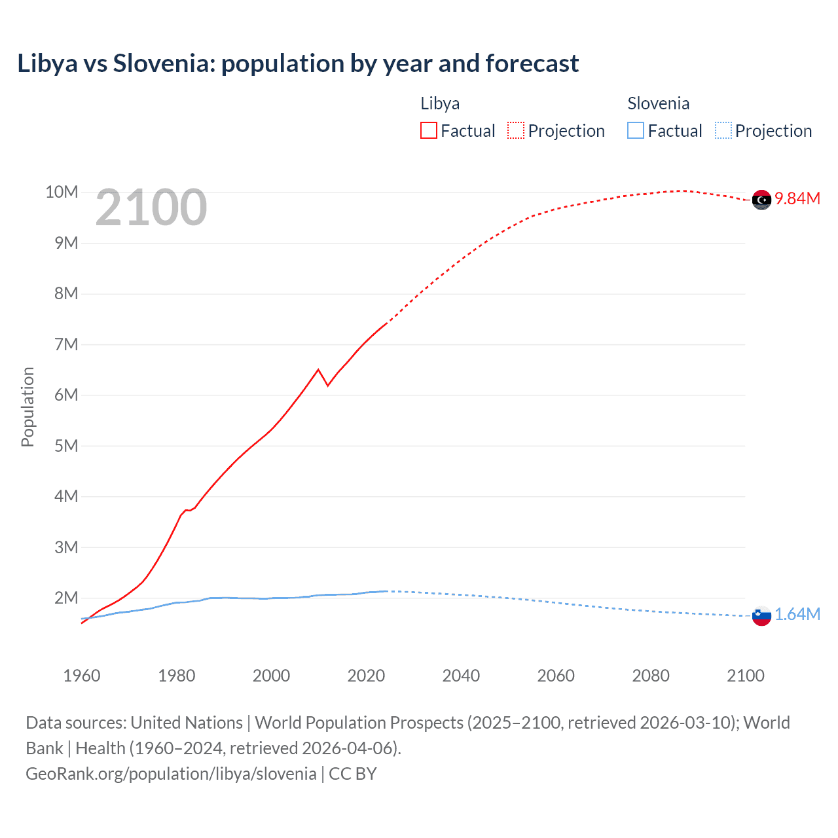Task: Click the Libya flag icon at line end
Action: click(x=761, y=200)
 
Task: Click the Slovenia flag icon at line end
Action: click(x=761, y=615)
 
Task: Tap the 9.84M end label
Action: click(x=797, y=199)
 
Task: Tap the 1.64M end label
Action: click(x=797, y=614)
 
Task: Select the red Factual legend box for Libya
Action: click(x=428, y=130)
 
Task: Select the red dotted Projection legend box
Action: click(x=516, y=130)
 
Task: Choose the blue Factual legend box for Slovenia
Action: click(x=635, y=130)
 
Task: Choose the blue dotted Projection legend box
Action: click(x=723, y=130)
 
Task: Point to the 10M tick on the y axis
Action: click(x=62, y=192)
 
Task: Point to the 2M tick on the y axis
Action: click(x=66, y=598)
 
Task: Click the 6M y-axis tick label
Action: click(x=66, y=395)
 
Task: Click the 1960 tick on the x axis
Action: click(x=82, y=676)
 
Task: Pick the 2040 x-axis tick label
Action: click(x=461, y=676)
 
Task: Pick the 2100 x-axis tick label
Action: click(x=745, y=676)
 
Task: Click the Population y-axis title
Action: click(x=27, y=407)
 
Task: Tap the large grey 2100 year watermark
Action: click(x=151, y=208)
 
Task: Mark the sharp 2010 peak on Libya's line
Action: click(x=318, y=370)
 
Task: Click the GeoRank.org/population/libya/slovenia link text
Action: click(x=172, y=774)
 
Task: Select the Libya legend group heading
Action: click(x=440, y=103)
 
